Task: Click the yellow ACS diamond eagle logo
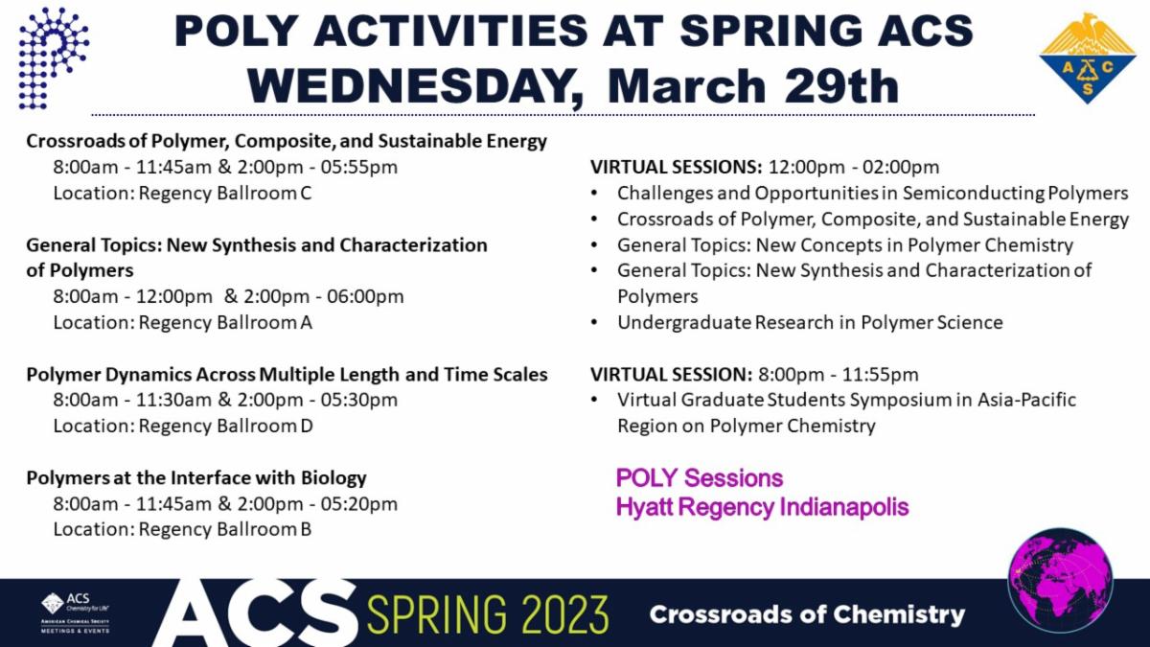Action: tap(1087, 57)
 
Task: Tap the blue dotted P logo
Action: tap(53, 57)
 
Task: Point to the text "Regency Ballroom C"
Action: tap(225, 193)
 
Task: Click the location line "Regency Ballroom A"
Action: tap(225, 322)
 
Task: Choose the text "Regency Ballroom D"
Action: tap(225, 426)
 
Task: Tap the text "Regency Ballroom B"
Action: tap(225, 529)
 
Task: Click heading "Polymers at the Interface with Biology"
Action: tap(196, 477)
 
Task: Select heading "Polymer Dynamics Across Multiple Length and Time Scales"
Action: tap(287, 374)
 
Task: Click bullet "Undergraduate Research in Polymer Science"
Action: tap(810, 322)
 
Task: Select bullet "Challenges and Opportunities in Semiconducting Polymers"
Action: tap(872, 193)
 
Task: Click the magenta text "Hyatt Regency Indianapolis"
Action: tap(762, 506)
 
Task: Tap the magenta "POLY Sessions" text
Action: tap(700, 477)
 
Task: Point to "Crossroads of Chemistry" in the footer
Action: tap(807, 614)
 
